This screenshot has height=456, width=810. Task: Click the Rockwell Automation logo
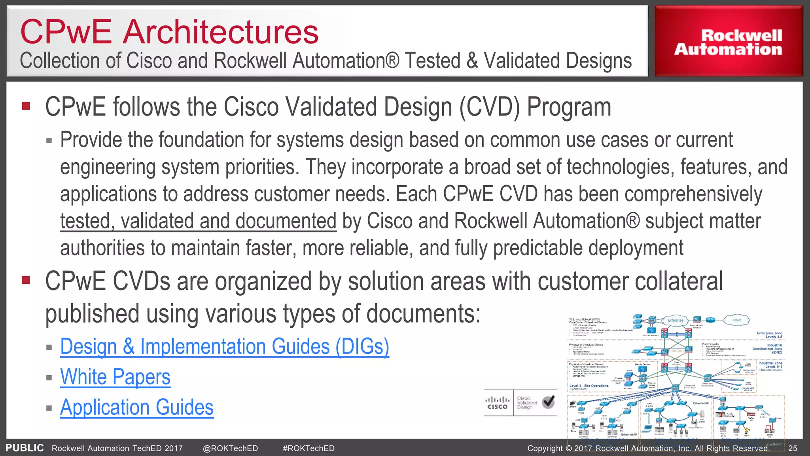[x=728, y=42]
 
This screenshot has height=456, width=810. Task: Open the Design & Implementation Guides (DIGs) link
[x=224, y=347]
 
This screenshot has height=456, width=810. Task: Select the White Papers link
[x=115, y=377]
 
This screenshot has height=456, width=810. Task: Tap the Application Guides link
[x=136, y=407]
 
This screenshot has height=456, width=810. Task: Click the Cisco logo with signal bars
[x=498, y=403]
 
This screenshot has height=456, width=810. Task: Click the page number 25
[x=793, y=448]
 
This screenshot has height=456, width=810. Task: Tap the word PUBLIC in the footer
[x=25, y=448]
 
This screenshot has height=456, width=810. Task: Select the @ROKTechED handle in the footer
[x=230, y=448]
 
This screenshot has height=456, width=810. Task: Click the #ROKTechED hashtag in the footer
[x=308, y=448]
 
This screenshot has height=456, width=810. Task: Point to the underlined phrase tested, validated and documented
[x=198, y=221]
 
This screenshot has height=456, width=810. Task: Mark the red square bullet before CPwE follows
[x=26, y=106]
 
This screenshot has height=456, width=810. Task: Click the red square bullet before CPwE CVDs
[x=26, y=280]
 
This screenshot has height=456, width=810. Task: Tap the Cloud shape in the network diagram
[x=736, y=320]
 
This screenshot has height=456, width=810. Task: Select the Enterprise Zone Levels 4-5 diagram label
[x=769, y=335]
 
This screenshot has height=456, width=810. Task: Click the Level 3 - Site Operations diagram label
[x=589, y=386]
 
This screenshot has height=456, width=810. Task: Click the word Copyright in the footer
[x=545, y=448]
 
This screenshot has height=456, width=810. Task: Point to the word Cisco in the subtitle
[x=149, y=61]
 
